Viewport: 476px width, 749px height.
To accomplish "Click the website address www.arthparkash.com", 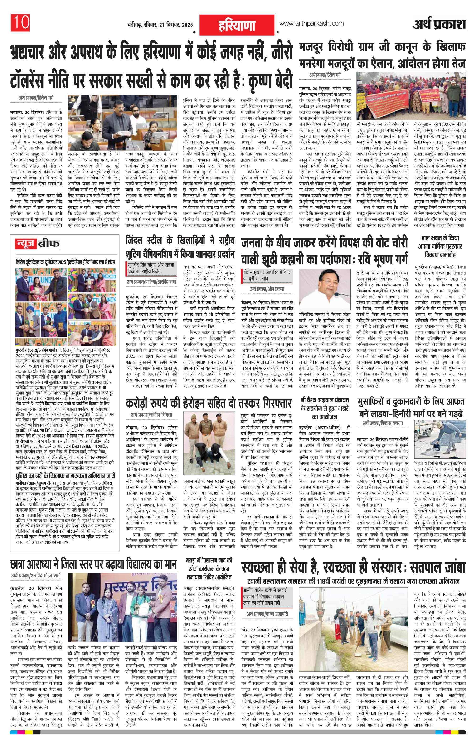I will [x=311, y=23].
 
